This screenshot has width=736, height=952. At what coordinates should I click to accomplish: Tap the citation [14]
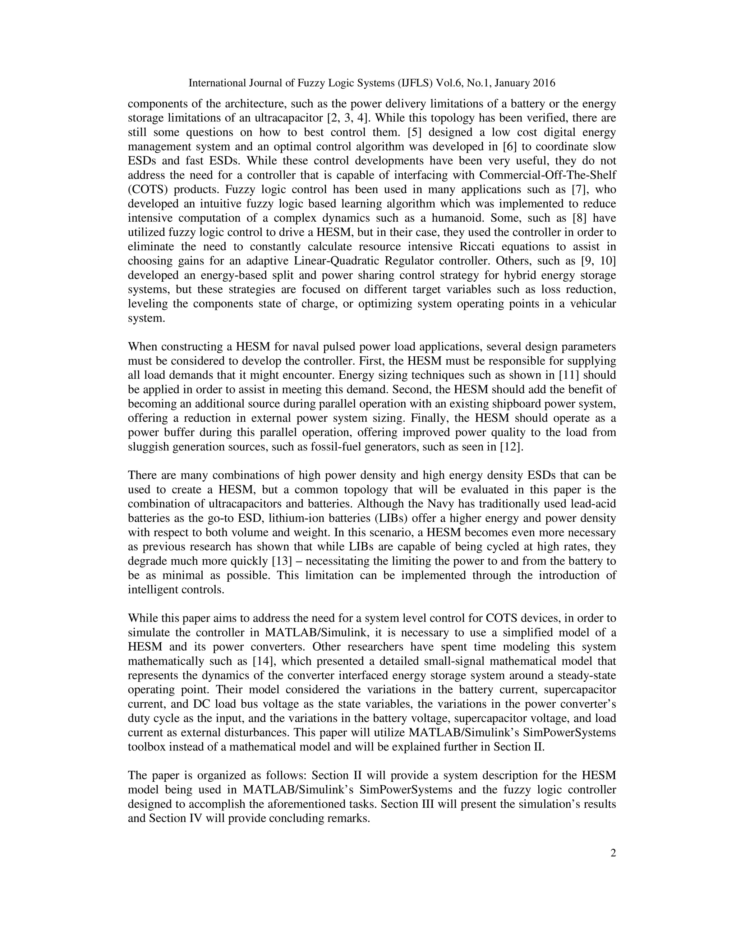click(264, 661)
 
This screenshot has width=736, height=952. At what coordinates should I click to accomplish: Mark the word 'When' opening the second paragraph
click(143, 347)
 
